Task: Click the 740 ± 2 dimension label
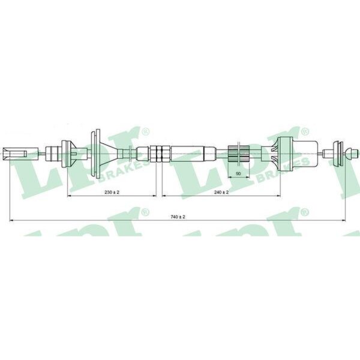pyautogui.click(x=178, y=217)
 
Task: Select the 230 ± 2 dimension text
pyautogui.click(x=112, y=192)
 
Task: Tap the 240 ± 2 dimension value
pyautogui.click(x=221, y=192)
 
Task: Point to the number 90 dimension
pyautogui.click(x=238, y=174)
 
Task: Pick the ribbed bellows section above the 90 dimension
pyautogui.click(x=239, y=154)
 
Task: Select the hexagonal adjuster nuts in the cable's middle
pyautogui.click(x=160, y=154)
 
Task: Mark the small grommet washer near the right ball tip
pyautogui.click(x=338, y=153)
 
